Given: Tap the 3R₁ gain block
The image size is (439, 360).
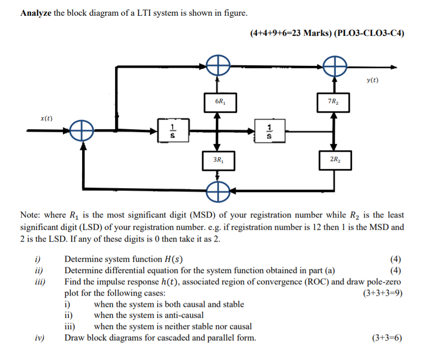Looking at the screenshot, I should tap(218, 160).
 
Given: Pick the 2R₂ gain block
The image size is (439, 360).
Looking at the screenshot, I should tap(335, 160).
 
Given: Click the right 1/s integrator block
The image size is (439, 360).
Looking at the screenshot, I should tap(268, 132).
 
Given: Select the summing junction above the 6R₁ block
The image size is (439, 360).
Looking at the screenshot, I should tap(218, 65).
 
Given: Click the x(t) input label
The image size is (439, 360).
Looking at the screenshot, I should tap(47, 118).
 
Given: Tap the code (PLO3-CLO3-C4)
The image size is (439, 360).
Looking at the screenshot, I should tap(369, 33).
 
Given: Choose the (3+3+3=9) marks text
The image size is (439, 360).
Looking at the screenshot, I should tap(383, 293).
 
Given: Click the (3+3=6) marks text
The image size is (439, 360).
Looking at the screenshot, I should tap(387, 338).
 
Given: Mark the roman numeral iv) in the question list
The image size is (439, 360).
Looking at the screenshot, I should tap(39, 338).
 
